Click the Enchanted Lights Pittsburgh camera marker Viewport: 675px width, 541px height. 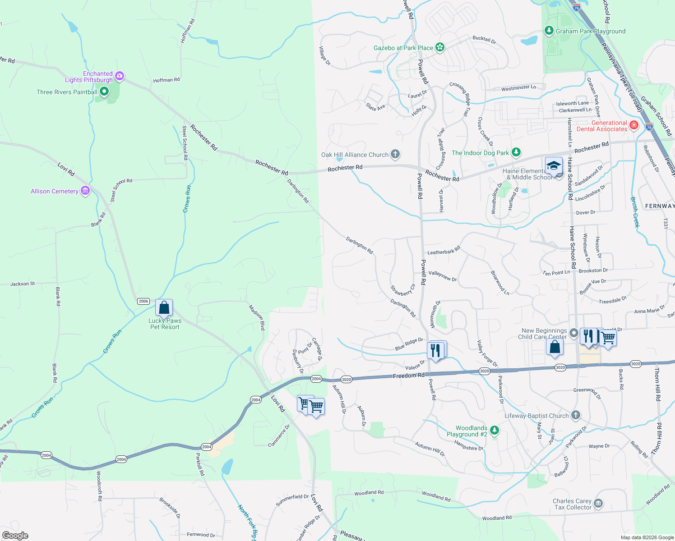[120, 76]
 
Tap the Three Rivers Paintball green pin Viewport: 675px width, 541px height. [104, 92]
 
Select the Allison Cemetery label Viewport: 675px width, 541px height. [55, 191]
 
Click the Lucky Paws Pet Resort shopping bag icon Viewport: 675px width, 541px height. [164, 308]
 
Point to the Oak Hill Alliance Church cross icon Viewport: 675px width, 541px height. [395, 155]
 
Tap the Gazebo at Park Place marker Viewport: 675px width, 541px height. [440, 47]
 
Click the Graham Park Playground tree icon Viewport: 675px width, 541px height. [549, 31]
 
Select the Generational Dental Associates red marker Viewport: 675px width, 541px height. [634, 125]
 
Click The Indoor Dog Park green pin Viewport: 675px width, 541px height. [516, 153]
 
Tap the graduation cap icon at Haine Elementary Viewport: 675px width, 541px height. [554, 165]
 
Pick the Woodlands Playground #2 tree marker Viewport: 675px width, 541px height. [495, 431]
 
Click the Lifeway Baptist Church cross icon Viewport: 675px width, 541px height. [575, 415]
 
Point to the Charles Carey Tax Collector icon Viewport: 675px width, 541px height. [598, 504]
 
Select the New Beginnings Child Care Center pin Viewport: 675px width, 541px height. [573, 333]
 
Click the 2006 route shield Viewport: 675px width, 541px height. [143, 301]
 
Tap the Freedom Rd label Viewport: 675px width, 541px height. [408, 376]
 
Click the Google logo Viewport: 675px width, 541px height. [15, 536]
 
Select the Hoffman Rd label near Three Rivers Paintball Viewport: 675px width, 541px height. [166, 80]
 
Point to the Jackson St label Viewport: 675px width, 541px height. [23, 284]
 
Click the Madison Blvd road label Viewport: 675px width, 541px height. [256, 317]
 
